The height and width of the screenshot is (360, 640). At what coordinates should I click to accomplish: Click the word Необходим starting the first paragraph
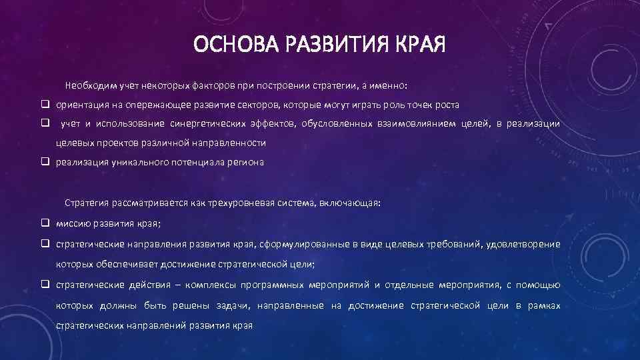tap(91, 86)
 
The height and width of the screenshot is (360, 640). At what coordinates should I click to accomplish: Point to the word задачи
tap(234, 305)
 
